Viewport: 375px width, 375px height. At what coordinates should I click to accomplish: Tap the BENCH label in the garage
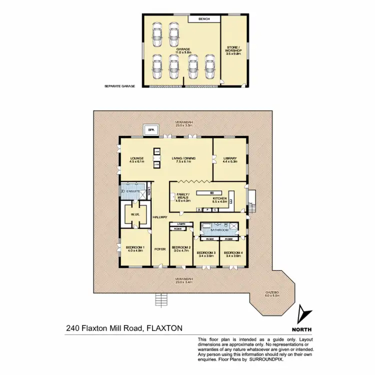click(203, 19)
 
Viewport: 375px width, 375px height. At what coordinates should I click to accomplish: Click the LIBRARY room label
click(230, 158)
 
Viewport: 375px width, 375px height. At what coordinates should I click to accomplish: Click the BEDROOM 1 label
click(135, 247)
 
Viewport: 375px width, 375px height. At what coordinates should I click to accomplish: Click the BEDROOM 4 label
click(233, 253)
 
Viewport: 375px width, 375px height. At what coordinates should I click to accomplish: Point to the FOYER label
click(160, 248)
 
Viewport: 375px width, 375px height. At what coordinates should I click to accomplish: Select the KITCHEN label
click(220, 199)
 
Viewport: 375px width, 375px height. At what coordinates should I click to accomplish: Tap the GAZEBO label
click(272, 292)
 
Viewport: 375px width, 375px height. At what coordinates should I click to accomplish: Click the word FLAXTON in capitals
click(163, 328)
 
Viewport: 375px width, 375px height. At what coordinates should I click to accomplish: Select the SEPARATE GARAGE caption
click(120, 86)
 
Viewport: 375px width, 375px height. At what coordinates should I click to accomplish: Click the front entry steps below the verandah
click(160, 299)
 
